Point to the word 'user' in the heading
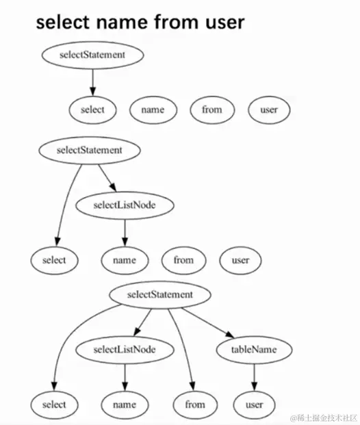[221, 23]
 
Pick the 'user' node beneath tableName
[254, 404]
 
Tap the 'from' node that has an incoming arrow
[195, 404]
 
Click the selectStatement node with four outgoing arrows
[160, 295]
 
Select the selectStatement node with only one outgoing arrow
[92, 55]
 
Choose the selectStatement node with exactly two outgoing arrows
[90, 149]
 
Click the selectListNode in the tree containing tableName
[125, 350]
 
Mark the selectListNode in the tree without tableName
[125, 205]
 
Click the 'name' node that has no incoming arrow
[153, 109]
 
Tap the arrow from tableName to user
[255, 377]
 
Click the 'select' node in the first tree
[92, 109]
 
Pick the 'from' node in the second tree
[183, 260]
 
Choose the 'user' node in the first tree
[269, 109]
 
